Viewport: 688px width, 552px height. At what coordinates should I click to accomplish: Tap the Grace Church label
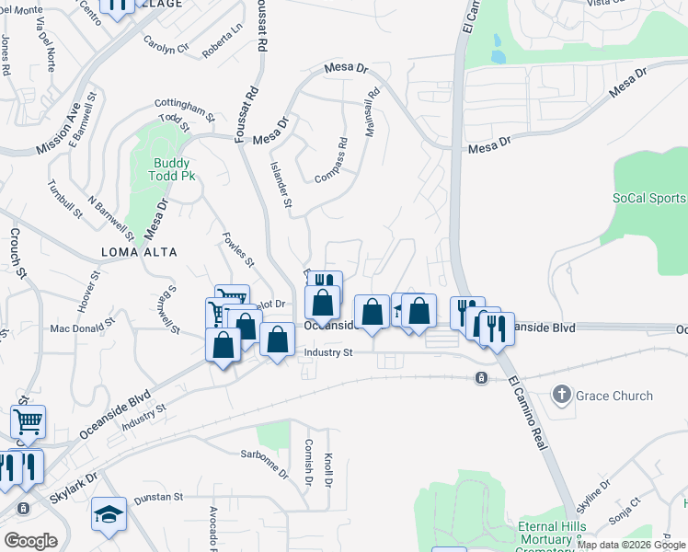pyautogui.click(x=613, y=396)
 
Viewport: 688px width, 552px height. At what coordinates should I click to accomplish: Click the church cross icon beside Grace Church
pyautogui.click(x=562, y=396)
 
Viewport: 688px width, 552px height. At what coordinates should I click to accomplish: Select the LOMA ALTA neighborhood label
pyautogui.click(x=141, y=251)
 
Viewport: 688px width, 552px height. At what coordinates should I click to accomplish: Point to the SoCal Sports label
pyautogui.click(x=648, y=198)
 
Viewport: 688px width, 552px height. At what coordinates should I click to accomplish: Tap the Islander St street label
pyautogui.click(x=281, y=184)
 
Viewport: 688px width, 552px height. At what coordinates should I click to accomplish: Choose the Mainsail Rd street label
pyautogui.click(x=372, y=113)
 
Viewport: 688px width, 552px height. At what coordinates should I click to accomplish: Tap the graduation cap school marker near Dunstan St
pyautogui.click(x=109, y=515)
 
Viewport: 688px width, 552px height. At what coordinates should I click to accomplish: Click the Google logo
pyautogui.click(x=30, y=541)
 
